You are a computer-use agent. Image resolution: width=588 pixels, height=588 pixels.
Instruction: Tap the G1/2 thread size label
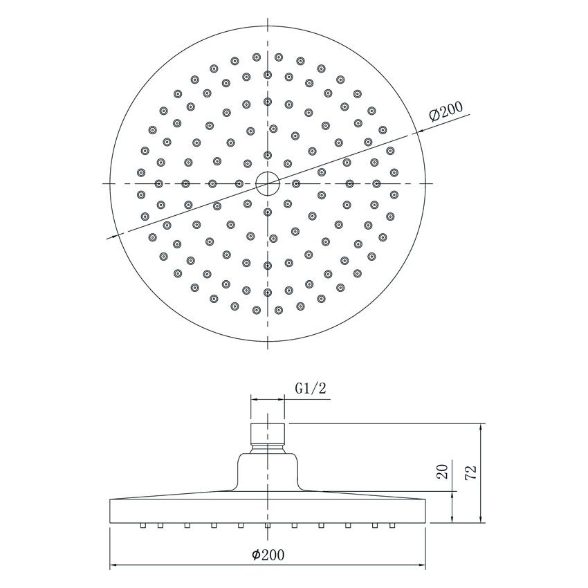[x=310, y=388]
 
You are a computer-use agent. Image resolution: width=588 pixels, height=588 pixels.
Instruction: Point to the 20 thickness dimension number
[x=443, y=472]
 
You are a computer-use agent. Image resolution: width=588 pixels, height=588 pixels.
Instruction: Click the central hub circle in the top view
[x=267, y=183]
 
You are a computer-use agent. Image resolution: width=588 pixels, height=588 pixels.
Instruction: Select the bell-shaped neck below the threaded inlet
[x=267, y=472]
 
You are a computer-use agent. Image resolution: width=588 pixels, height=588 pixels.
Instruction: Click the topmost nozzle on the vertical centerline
[x=267, y=74]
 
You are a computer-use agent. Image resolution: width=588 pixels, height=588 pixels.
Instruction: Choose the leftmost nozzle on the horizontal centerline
[x=159, y=183]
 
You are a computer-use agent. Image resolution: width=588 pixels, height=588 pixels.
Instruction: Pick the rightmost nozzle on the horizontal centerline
[x=376, y=183]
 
